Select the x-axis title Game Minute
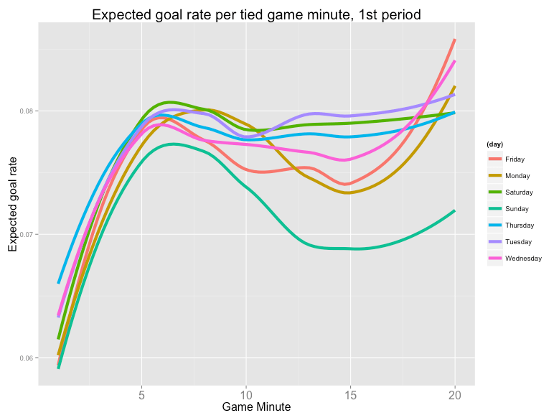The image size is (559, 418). (x=256, y=407)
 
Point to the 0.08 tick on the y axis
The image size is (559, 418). (x=29, y=111)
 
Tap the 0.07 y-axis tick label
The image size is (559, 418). (x=29, y=235)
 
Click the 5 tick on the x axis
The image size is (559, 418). (x=141, y=394)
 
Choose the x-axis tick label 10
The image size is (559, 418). (x=245, y=394)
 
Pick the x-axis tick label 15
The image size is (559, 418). (x=350, y=394)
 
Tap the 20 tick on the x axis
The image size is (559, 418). (x=454, y=394)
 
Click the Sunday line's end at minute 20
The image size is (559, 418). (x=454, y=210)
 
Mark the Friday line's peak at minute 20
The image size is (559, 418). (x=454, y=40)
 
